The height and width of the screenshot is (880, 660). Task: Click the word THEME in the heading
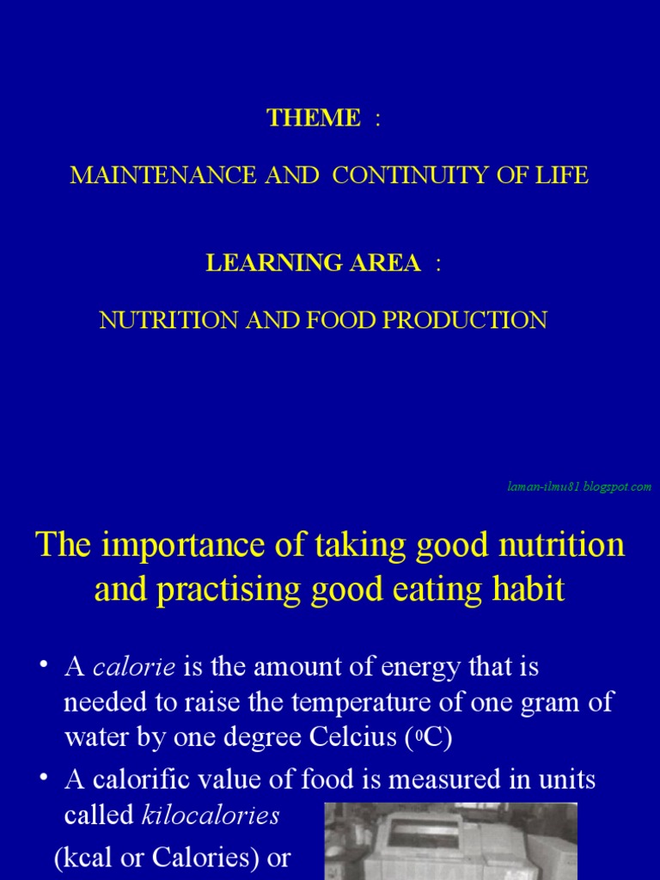click(314, 119)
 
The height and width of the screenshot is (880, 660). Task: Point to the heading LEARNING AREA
click(313, 264)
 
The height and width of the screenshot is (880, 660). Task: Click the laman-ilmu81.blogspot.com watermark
click(578, 487)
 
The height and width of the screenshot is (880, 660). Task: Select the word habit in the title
click(532, 590)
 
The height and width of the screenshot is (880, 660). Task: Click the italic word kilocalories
click(211, 816)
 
